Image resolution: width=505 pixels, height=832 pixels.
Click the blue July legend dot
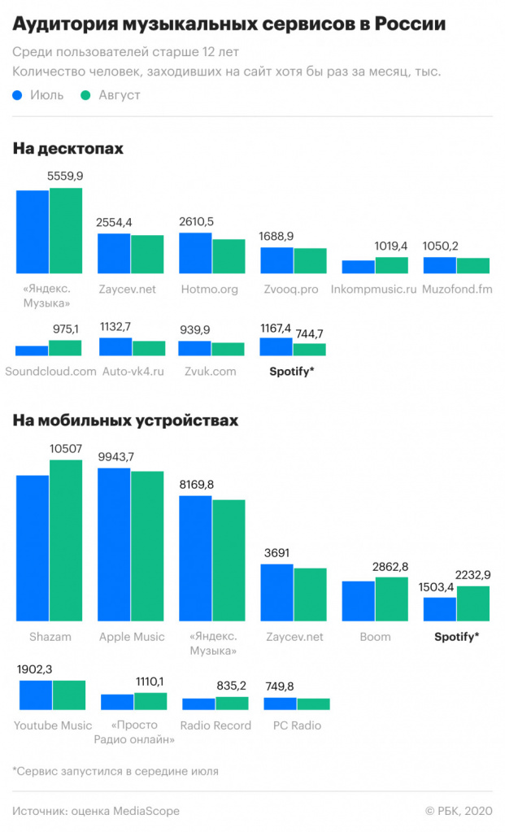point(19,95)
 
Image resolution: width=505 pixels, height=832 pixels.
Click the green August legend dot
point(85,95)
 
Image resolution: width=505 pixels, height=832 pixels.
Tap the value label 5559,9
point(65,176)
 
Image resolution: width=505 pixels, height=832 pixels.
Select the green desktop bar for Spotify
point(309,349)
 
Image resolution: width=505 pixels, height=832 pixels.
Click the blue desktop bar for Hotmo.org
point(195,253)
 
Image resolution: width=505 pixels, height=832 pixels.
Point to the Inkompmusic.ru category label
point(374,289)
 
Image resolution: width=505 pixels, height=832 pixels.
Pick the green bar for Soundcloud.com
point(65,348)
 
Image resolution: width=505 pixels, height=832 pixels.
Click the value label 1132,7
point(115,326)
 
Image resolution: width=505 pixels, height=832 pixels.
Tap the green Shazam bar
point(66,542)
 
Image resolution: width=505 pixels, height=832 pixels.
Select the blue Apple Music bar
point(114,546)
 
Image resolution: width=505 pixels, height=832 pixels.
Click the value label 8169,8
point(197,484)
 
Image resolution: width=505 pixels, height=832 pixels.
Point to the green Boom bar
point(391,600)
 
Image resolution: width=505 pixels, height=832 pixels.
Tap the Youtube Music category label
point(53,725)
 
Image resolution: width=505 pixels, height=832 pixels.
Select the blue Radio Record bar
point(198,704)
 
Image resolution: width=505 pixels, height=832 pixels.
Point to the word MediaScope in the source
point(146,811)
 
